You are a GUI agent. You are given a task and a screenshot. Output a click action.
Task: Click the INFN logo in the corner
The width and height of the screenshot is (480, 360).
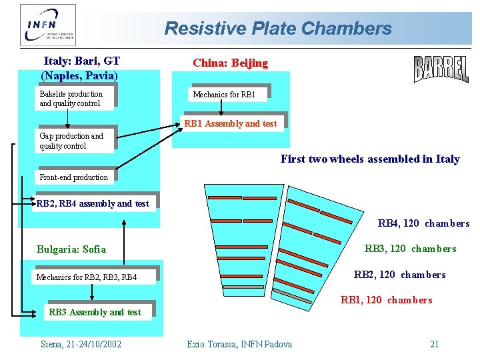(x=48, y=25)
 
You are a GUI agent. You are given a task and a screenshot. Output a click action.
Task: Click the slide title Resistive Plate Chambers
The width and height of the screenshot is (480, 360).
(x=278, y=29)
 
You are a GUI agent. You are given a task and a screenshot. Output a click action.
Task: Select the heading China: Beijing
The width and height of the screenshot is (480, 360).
(x=230, y=63)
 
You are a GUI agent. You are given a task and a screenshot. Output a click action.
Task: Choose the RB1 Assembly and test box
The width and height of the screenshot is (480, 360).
(x=230, y=123)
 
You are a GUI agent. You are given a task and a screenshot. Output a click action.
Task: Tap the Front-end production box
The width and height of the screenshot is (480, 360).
(x=74, y=177)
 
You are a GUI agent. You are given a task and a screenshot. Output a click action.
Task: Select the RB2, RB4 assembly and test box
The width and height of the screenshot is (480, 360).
(x=93, y=203)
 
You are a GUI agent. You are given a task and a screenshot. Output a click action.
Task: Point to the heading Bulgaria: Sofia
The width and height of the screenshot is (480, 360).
(x=71, y=249)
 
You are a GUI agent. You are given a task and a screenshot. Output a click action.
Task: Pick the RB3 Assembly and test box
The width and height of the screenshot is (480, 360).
(x=95, y=312)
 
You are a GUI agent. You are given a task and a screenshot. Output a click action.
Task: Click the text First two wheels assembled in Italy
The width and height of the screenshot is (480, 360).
(x=370, y=159)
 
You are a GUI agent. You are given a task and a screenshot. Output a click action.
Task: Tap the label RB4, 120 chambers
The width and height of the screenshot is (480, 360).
(x=423, y=223)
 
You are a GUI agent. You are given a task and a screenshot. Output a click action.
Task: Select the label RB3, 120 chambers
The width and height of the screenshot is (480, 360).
(x=410, y=249)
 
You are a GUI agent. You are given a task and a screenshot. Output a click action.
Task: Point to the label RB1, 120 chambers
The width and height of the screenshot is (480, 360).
(x=386, y=300)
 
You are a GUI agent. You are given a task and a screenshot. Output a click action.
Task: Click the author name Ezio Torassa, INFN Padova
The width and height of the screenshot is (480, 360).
(x=239, y=344)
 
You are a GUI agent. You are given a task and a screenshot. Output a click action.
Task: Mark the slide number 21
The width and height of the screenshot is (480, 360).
(x=434, y=344)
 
